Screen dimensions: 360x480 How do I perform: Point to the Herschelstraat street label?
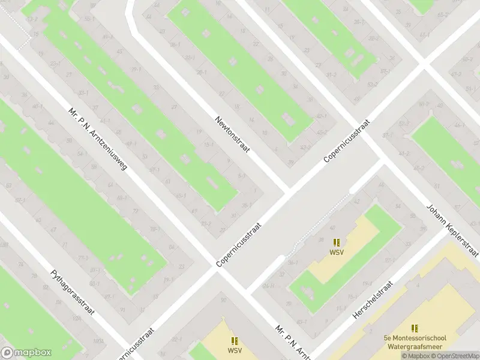373,301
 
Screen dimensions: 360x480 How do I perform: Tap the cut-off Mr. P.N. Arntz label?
292,342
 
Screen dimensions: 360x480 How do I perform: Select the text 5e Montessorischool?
415,338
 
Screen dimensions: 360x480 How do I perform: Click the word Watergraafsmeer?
415,346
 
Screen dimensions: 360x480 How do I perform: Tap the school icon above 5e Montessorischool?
415,328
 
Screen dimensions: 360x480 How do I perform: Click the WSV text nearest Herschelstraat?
337,252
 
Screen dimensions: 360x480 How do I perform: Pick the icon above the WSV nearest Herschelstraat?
337,242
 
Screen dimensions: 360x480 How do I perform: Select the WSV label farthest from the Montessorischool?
235,350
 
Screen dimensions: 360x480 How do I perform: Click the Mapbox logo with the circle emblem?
26,353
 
